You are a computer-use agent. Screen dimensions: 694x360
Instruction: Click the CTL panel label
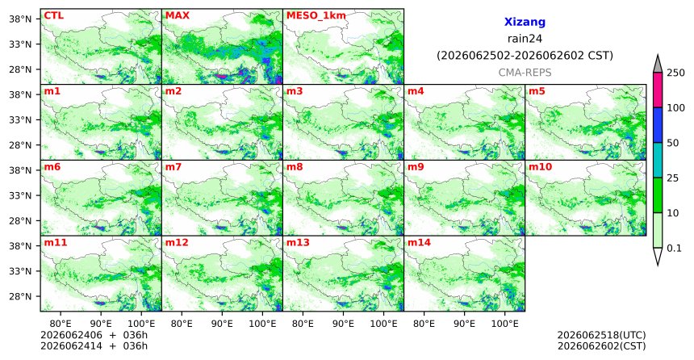[53, 15]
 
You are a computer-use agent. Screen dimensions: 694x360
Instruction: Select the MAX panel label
[177, 15]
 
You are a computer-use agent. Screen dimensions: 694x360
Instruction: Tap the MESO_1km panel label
[316, 16]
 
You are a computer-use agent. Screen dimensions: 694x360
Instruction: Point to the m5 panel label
[537, 91]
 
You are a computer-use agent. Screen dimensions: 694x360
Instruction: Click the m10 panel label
[540, 167]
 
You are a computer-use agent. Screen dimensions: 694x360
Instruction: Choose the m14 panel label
[419, 243]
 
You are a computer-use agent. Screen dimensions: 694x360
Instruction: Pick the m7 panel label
[173, 167]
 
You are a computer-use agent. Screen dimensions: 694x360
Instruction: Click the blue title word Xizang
[525, 22]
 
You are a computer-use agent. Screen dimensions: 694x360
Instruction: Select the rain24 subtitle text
[525, 39]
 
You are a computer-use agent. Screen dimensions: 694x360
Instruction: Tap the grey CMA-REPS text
[525, 73]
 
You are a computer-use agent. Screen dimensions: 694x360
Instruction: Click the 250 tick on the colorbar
[675, 73]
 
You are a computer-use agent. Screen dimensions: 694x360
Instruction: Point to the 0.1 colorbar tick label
[674, 249]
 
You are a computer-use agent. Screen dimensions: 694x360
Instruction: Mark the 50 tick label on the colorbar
[672, 143]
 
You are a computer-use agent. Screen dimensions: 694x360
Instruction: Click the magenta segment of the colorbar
[658, 90]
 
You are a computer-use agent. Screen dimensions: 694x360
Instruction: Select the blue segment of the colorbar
[658, 125]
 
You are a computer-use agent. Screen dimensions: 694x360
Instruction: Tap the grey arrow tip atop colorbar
[658, 56]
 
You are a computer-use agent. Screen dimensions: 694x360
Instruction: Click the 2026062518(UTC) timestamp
[601, 335]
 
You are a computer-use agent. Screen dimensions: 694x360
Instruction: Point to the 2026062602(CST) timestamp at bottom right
[601, 345]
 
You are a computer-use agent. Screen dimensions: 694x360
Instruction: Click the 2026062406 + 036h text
[94, 335]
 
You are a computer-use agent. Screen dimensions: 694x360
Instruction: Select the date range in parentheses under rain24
[525, 56]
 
